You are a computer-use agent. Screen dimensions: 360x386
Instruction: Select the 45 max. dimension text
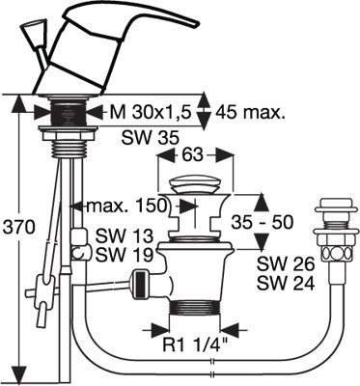[250, 112]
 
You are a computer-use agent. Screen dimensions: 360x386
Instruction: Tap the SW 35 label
[150, 138]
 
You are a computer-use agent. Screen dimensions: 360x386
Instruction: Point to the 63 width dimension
[193, 155]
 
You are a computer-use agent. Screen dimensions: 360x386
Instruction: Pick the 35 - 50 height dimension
[263, 222]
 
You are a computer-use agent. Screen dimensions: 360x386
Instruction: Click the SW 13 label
[125, 236]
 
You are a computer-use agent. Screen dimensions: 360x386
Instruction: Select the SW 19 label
[125, 255]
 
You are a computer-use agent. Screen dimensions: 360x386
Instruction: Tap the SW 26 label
[286, 264]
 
